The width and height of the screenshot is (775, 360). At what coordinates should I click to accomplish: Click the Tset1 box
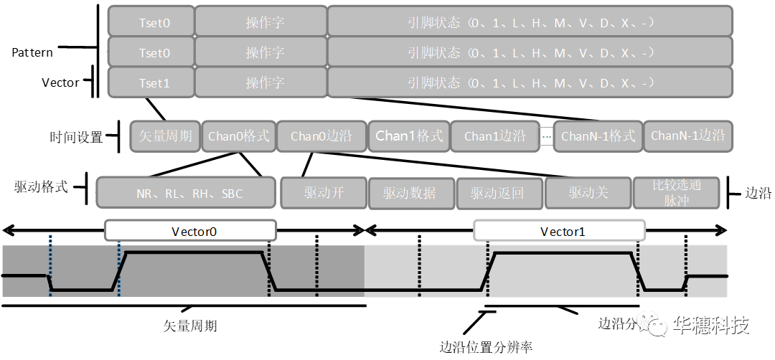[151, 82]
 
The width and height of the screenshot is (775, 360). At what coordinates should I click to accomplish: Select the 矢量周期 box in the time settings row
[165, 136]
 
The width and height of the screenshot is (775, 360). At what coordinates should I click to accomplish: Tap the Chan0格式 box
[238, 136]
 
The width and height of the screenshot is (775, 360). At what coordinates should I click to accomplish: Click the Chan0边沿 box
[320, 136]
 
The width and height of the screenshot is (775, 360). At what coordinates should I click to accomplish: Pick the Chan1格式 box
[409, 136]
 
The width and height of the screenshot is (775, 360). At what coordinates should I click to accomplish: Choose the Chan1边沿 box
[494, 136]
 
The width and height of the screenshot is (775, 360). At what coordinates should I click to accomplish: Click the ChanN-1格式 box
[598, 136]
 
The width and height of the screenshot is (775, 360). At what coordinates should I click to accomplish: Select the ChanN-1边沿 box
[687, 136]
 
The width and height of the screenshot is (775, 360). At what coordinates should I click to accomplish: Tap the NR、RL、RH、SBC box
[186, 193]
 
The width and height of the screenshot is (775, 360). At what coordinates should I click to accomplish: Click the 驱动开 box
[323, 193]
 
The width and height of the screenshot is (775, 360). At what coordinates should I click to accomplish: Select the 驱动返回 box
[499, 193]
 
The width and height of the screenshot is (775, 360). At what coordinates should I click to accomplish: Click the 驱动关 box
[588, 193]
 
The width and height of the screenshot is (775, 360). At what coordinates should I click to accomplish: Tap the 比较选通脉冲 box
[677, 193]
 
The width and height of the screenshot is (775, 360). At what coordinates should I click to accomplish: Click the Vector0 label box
[190, 231]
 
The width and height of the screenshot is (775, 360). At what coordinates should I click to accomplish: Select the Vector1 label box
[559, 231]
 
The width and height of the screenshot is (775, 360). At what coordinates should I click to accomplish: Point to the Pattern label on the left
[32, 52]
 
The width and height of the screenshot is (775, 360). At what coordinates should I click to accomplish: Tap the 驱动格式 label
[41, 188]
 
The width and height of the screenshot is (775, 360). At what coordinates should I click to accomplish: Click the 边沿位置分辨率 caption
[486, 347]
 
